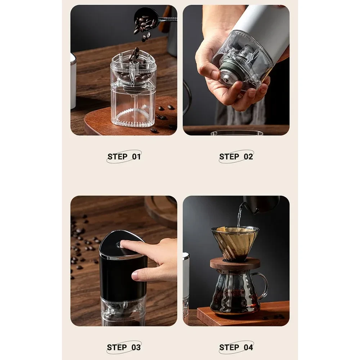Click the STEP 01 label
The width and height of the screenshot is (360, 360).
pyautogui.click(x=124, y=157)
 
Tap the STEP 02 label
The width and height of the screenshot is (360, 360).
pyautogui.click(x=236, y=157)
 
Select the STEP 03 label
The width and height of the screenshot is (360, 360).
pyautogui.click(x=124, y=347)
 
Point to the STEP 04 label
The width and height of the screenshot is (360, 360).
pyautogui.click(x=236, y=347)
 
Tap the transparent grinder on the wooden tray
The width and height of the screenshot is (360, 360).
pyautogui.click(x=133, y=90)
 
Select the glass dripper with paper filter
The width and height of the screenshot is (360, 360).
pyautogui.click(x=235, y=241)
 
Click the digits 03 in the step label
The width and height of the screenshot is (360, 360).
pyautogui.click(x=136, y=347)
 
